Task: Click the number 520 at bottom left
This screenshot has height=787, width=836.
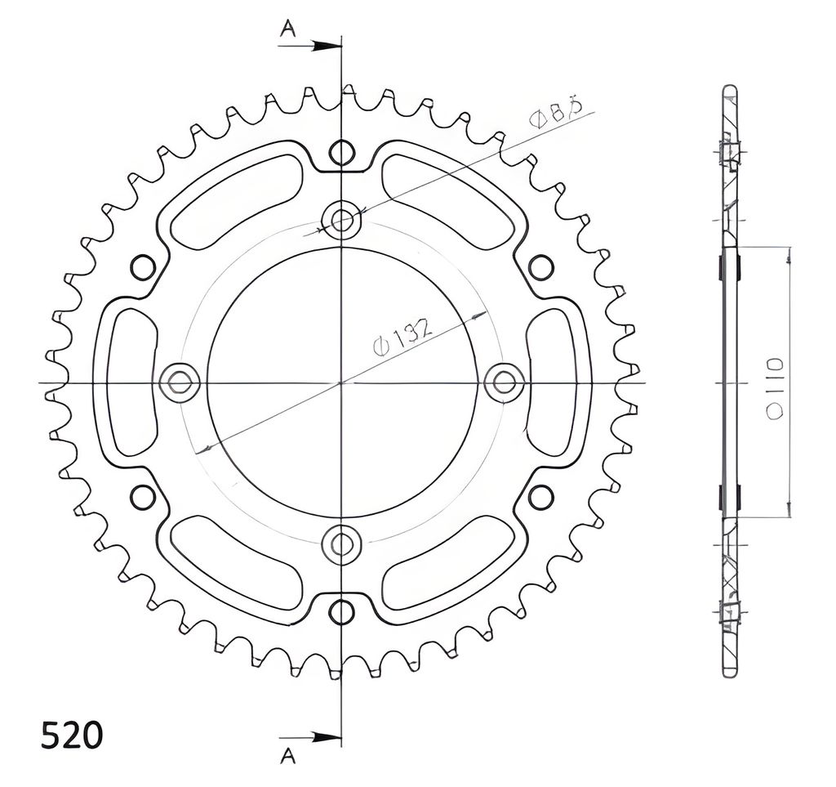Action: pos(71,736)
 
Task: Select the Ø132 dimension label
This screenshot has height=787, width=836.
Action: pos(402,338)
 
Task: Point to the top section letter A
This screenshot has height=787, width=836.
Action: pos(288,29)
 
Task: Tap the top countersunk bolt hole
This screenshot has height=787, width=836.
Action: pos(341,219)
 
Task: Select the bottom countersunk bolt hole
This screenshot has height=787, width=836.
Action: pos(341,544)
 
